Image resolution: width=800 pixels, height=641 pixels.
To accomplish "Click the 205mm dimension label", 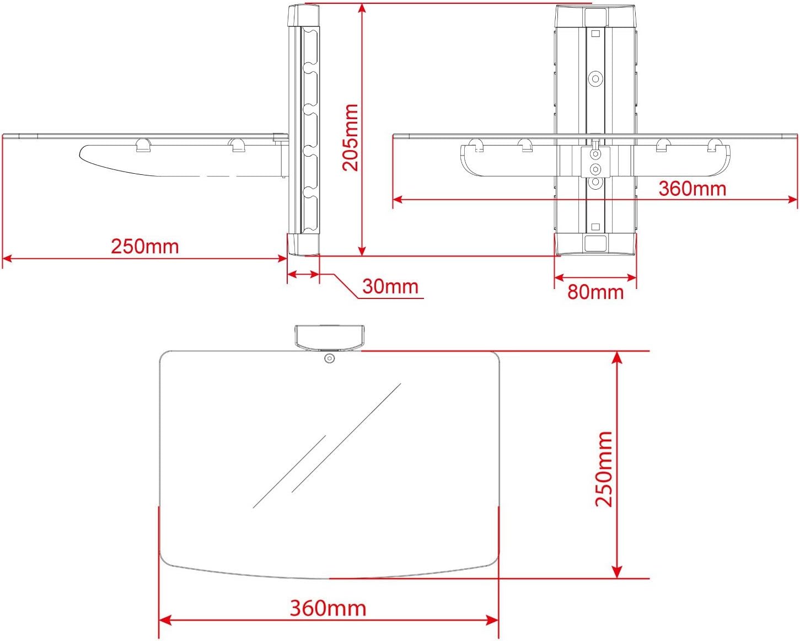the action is point(350,137).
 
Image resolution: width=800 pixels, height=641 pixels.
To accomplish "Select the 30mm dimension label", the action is point(390,286).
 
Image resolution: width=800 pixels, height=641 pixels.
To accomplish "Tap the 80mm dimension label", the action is point(595,292).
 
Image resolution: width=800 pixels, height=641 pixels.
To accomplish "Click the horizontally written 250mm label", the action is point(145,246).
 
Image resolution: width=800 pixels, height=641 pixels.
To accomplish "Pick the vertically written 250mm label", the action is point(604,469).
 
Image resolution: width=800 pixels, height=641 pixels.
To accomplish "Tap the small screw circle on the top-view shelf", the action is point(329,359).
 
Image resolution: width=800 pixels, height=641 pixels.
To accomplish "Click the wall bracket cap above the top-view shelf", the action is point(329,338).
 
